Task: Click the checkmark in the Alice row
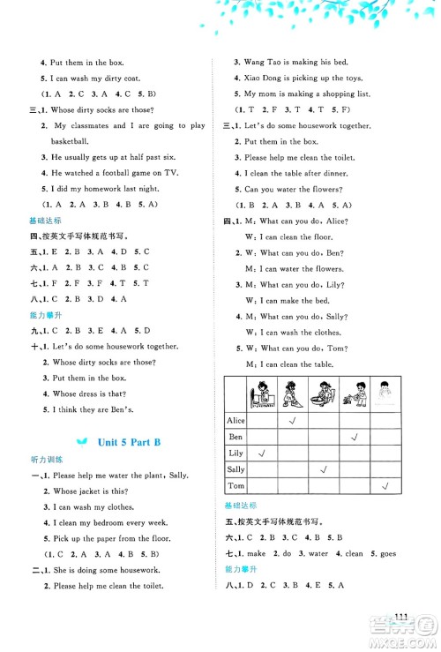pos(291,419)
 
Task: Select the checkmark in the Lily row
pos(262,453)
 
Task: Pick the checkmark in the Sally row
pos(324,469)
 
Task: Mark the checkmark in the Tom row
pos(385,486)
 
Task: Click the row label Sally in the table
pos(235,469)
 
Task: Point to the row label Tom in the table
pos(235,486)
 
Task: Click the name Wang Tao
pos(260,63)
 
